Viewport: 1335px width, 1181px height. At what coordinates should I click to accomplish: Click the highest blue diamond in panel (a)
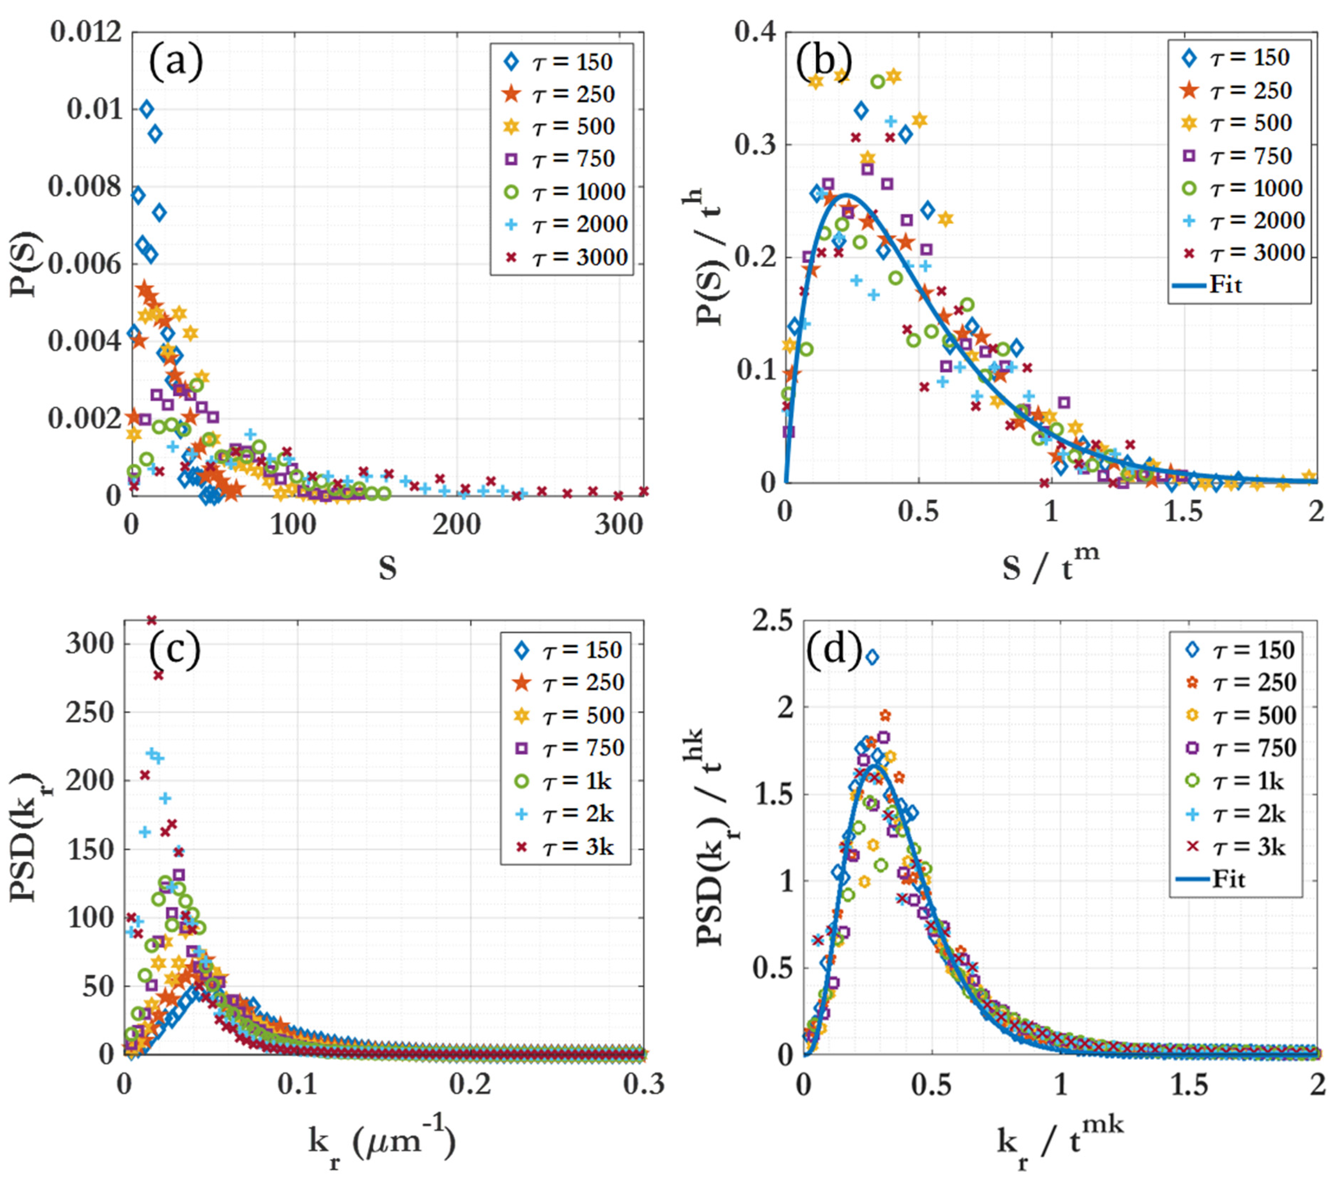pyautogui.click(x=146, y=109)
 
